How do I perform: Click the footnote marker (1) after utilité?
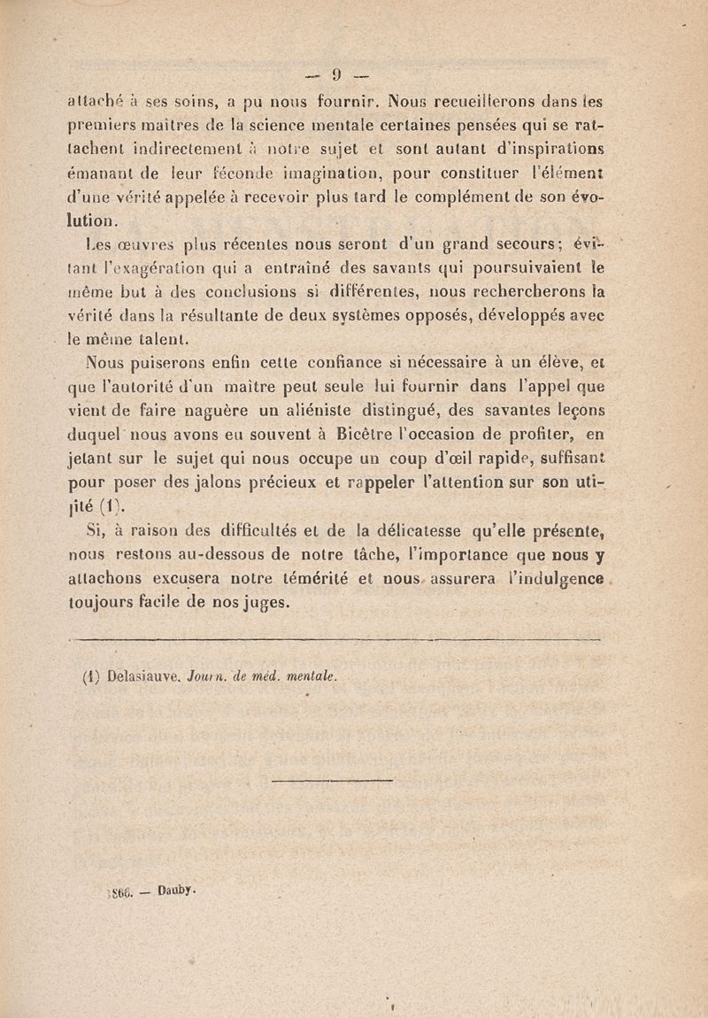tap(115, 508)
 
